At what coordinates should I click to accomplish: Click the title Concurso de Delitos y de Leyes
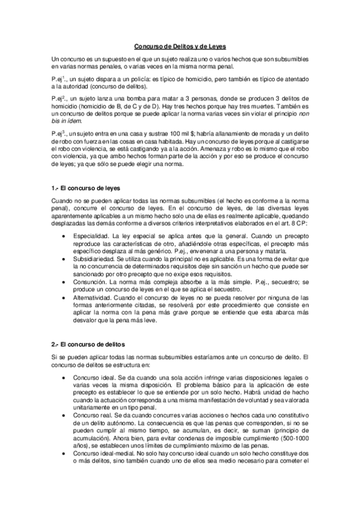click(180, 46)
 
